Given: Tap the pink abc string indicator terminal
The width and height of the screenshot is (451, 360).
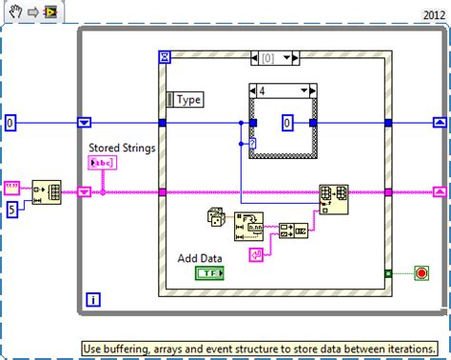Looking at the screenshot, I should tap(102, 164).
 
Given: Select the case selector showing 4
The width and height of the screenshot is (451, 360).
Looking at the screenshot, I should tap(283, 91).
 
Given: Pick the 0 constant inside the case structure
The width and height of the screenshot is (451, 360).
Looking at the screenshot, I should tap(287, 123).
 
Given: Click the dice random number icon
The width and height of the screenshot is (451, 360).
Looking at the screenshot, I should tap(217, 219).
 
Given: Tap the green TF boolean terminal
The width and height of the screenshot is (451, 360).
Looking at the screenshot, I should tap(209, 273).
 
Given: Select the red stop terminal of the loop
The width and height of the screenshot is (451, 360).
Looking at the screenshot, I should tap(421, 273).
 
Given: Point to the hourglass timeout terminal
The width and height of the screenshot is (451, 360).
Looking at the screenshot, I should tap(166, 59).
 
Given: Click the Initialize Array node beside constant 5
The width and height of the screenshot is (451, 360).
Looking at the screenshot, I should tap(47, 191).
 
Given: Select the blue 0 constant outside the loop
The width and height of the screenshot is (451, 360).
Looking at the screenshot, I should tap(11, 123).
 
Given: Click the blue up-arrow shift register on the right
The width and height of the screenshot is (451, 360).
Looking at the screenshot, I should tap(438, 123).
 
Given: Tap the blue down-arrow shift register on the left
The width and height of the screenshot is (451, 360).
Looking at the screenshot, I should tap(85, 123).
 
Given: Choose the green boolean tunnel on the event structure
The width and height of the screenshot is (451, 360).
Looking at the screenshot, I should tap(387, 273).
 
